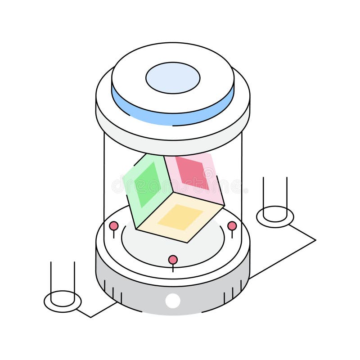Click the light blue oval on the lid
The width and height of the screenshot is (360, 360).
[173, 78]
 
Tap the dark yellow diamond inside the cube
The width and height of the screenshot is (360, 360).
[180, 216]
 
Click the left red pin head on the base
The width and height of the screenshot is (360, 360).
[114, 225]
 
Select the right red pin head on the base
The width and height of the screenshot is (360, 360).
[232, 225]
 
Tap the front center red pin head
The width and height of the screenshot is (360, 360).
[173, 260]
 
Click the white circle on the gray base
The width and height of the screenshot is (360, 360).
[173, 300]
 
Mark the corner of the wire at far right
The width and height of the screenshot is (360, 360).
[315, 240]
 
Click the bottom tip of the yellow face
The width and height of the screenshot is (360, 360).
[187, 243]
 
